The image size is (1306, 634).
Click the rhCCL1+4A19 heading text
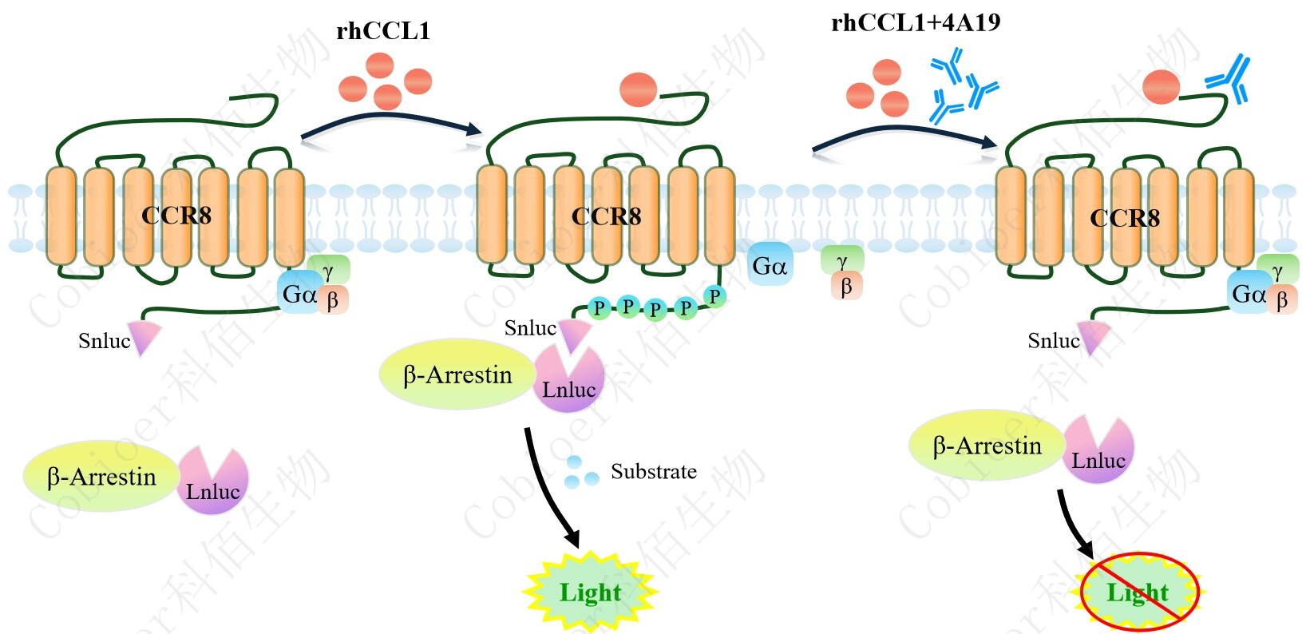[x=915, y=22]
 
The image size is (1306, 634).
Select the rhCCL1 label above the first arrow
[x=383, y=31]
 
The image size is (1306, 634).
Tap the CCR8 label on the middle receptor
[x=606, y=216]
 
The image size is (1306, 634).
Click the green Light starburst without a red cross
[x=589, y=592]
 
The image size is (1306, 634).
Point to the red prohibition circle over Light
[x=1139, y=592]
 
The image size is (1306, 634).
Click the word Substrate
[x=653, y=472]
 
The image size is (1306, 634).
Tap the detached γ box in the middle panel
[x=842, y=260]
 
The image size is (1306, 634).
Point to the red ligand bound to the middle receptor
[x=639, y=89]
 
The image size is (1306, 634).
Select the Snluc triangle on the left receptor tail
[x=144, y=338]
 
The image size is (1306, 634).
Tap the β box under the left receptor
[x=333, y=299]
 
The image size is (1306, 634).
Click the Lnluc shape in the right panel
[x=1098, y=451]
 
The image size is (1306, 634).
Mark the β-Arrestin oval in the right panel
[x=987, y=446]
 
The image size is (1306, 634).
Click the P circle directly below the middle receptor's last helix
[x=714, y=296]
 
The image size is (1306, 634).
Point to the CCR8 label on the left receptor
[x=176, y=216]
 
